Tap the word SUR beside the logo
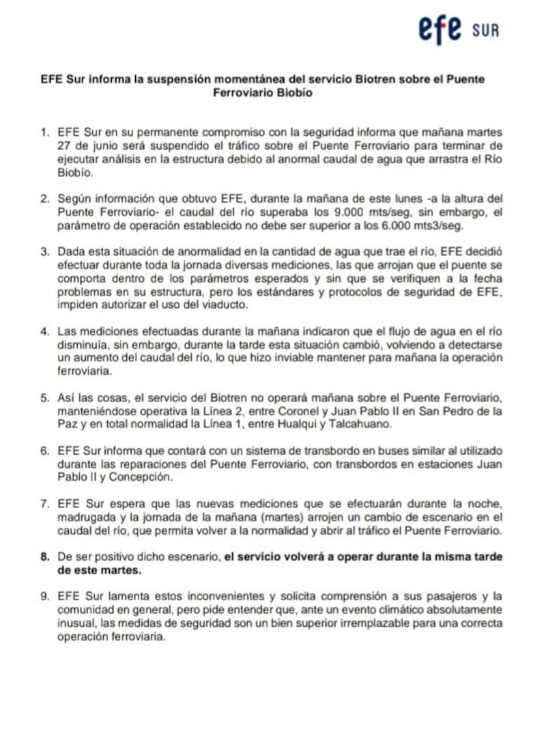485,31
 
